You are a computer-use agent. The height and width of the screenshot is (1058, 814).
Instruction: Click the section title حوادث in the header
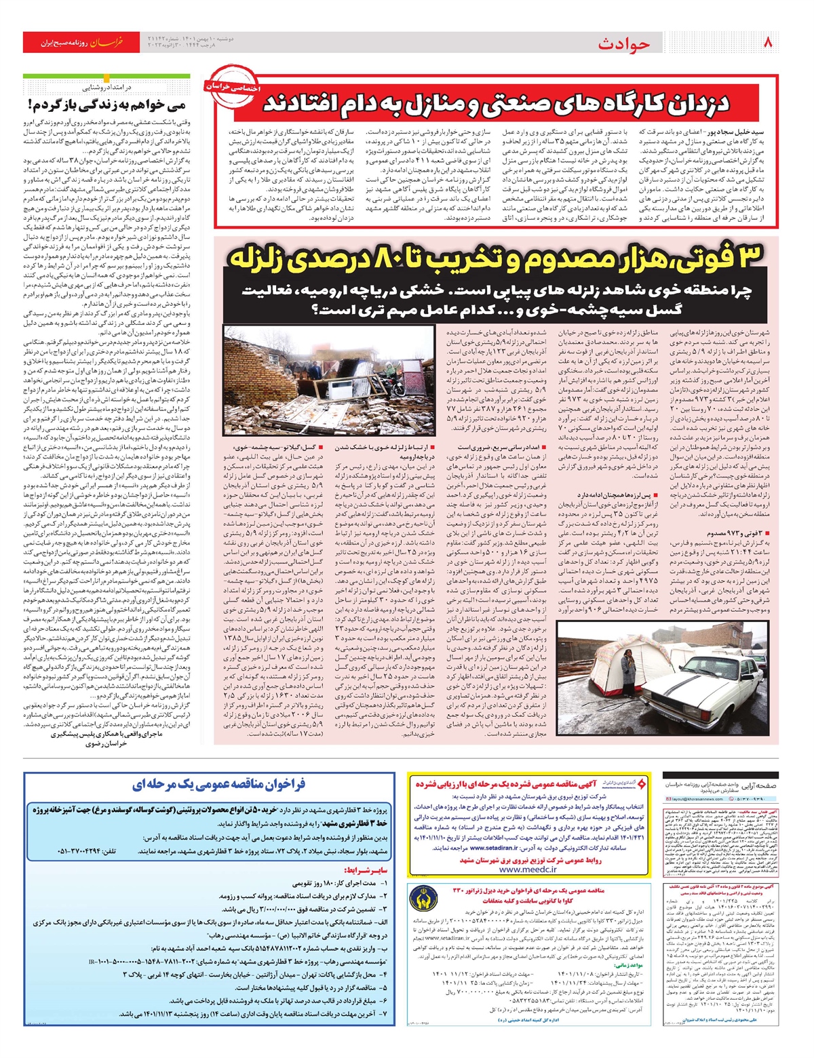click(624, 44)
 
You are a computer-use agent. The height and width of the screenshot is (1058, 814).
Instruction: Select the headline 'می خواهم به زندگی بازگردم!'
click(109, 104)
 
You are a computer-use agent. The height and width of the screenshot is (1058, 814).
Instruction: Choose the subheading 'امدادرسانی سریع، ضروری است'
click(503, 448)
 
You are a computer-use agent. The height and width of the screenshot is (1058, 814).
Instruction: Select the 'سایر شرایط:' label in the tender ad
click(365, 869)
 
